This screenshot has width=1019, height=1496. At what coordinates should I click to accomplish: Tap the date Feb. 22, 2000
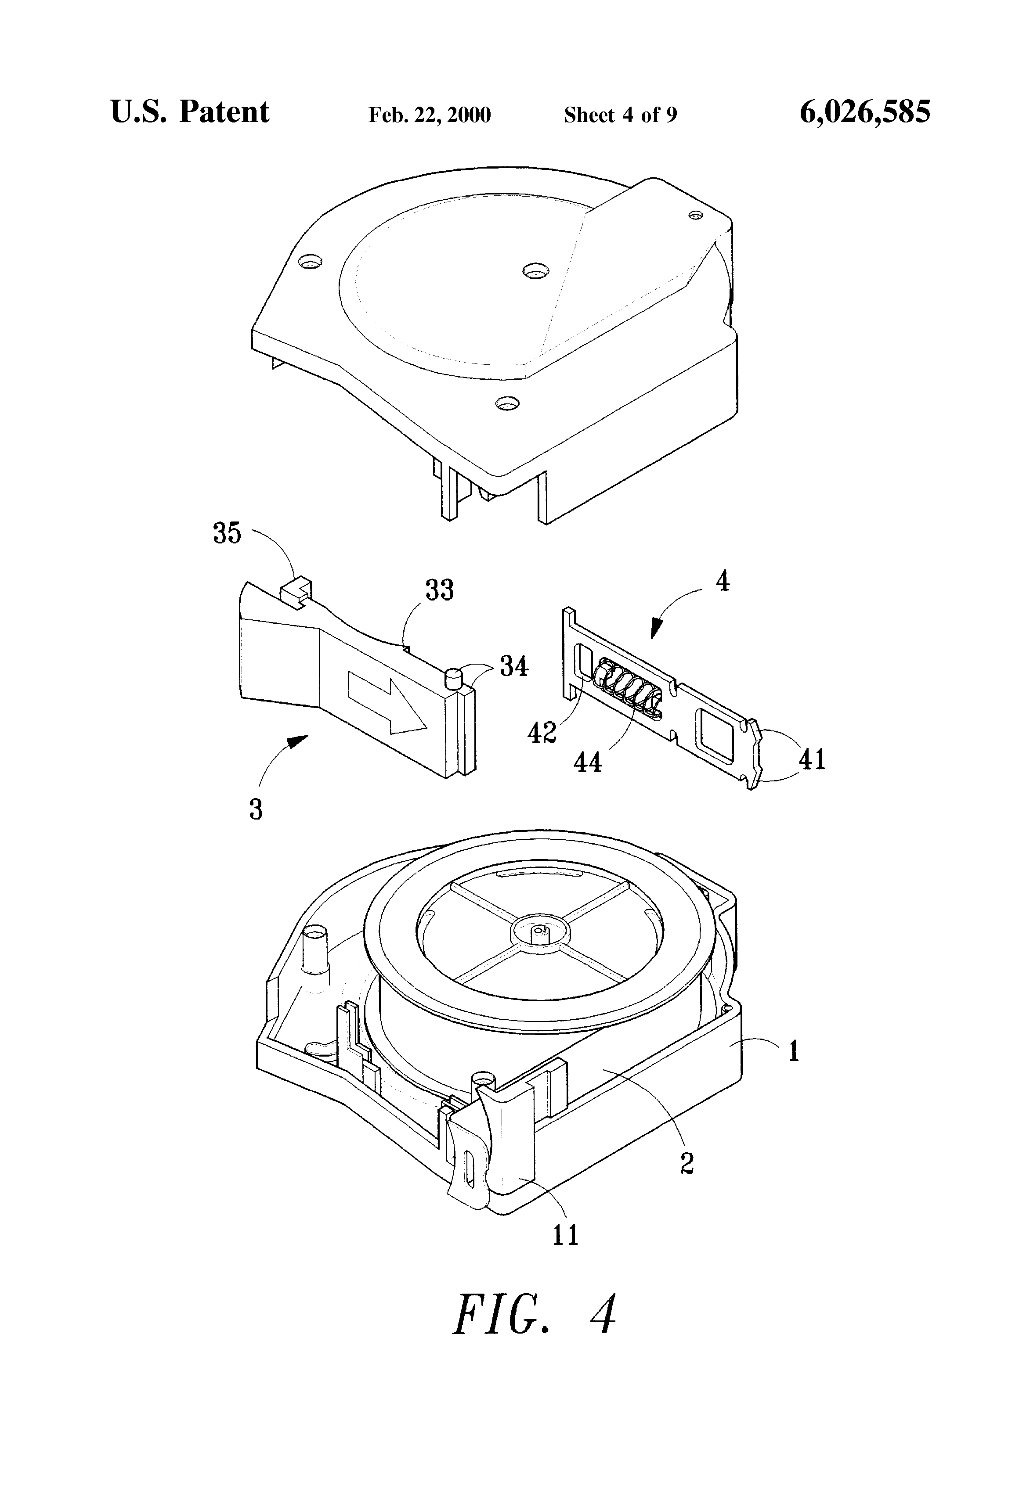[x=430, y=115]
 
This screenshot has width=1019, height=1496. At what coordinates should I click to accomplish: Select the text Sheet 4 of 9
[x=620, y=115]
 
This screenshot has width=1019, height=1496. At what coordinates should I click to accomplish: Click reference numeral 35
[x=227, y=534]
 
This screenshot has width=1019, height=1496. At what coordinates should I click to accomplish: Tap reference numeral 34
[x=514, y=666]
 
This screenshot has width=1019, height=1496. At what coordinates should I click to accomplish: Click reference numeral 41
[x=812, y=759]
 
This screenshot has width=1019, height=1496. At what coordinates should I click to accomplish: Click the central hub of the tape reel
[x=538, y=931]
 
